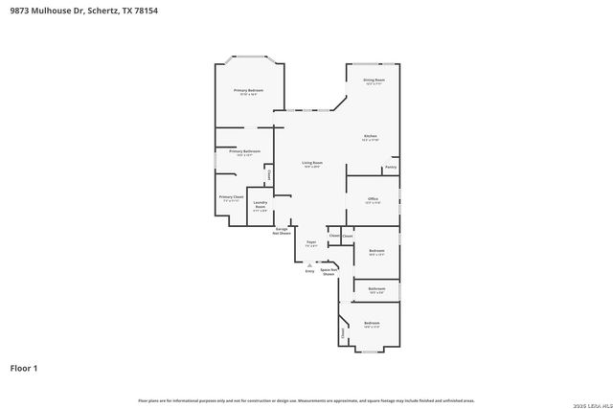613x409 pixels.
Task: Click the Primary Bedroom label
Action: (x=248, y=90)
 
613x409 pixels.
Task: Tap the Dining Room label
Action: (x=374, y=80)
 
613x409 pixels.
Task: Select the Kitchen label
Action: (x=371, y=136)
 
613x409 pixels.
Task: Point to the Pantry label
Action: (x=391, y=168)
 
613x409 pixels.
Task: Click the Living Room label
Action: (x=312, y=163)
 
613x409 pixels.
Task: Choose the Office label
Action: (x=374, y=198)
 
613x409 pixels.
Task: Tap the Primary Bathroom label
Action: (x=244, y=151)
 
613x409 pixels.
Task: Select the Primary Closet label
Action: (x=231, y=197)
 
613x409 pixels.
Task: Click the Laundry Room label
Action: (x=260, y=204)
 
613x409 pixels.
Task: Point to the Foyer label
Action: (x=311, y=242)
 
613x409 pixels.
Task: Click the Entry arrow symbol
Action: (x=309, y=263)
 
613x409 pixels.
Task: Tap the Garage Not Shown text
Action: (x=282, y=231)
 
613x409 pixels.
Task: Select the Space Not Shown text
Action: (x=329, y=271)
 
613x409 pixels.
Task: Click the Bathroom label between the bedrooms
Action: (x=376, y=288)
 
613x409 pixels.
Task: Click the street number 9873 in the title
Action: (x=21, y=11)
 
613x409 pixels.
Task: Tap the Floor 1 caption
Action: (x=24, y=367)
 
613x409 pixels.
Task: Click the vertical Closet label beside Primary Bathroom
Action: (x=269, y=175)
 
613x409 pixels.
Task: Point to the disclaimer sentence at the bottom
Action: (x=306, y=399)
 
